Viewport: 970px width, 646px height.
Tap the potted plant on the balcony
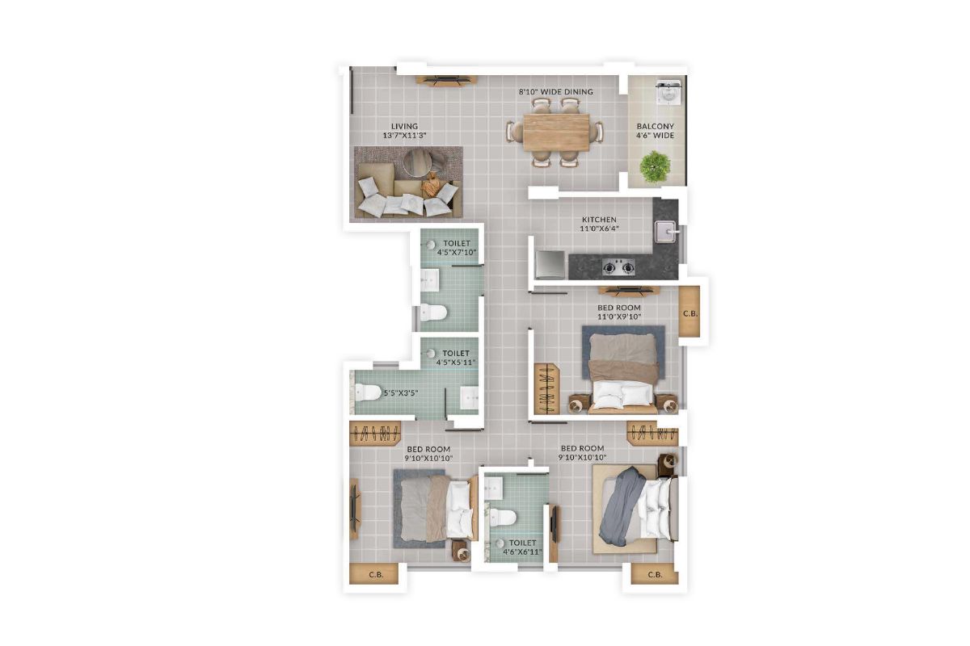(655, 166)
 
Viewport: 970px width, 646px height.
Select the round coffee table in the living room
(418, 161)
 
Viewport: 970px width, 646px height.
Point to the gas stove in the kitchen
(618, 266)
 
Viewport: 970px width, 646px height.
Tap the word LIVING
(404, 126)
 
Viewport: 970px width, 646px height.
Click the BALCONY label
(655, 127)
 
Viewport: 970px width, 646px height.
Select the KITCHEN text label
(599, 220)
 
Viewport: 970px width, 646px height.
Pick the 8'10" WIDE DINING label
(556, 92)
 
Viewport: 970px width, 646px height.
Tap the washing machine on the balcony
(668, 94)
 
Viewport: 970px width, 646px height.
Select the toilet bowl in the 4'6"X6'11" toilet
(505, 517)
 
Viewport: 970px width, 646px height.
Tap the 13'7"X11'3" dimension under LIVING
(404, 136)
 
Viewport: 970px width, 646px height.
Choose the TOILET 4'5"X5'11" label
(457, 358)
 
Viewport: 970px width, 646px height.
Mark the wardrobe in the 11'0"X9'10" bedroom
(547, 388)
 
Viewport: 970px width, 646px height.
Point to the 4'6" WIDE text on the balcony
(655, 136)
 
